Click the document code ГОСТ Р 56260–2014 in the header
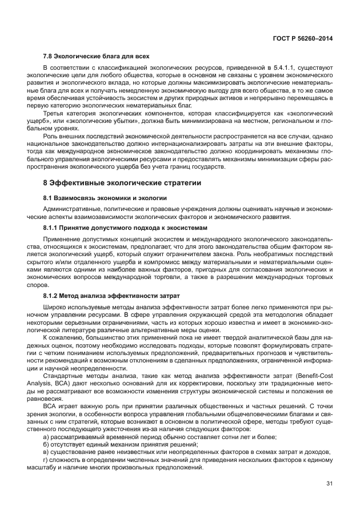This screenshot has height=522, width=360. point(303,38)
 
